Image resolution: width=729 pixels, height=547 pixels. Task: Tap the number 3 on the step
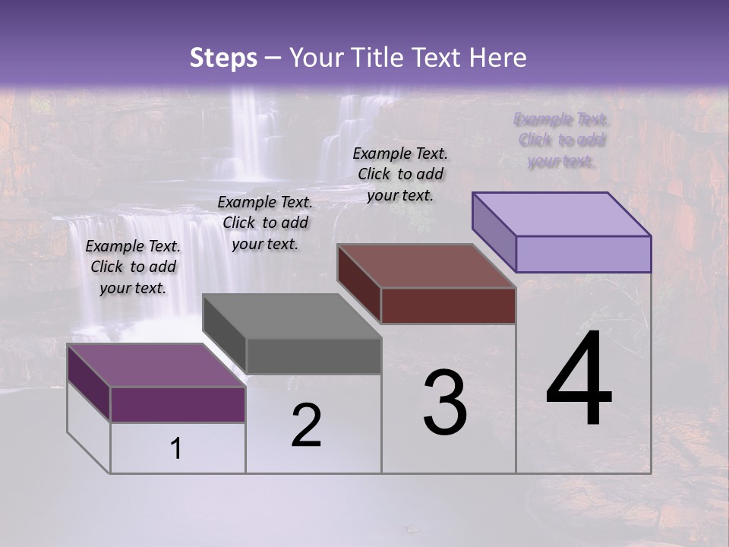(445, 403)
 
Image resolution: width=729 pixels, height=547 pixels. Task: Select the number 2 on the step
(306, 425)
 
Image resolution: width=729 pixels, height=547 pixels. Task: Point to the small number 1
(176, 449)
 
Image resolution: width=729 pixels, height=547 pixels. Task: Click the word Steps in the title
(223, 58)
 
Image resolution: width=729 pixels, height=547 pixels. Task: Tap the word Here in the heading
(499, 58)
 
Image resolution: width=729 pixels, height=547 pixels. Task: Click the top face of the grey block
(292, 316)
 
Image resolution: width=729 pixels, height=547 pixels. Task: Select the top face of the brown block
(426, 266)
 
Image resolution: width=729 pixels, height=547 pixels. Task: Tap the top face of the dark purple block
(156, 365)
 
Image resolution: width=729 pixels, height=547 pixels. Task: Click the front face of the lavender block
(583, 254)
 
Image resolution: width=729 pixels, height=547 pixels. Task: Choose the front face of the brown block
(448, 305)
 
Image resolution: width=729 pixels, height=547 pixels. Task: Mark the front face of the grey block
(314, 356)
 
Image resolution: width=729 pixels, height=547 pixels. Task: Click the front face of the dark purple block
(178, 404)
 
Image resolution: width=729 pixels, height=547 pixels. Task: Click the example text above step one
(133, 267)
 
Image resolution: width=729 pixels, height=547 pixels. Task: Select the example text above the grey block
(265, 223)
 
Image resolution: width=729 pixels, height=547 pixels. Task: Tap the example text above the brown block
(400, 174)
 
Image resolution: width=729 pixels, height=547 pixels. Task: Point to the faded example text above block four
(561, 140)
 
